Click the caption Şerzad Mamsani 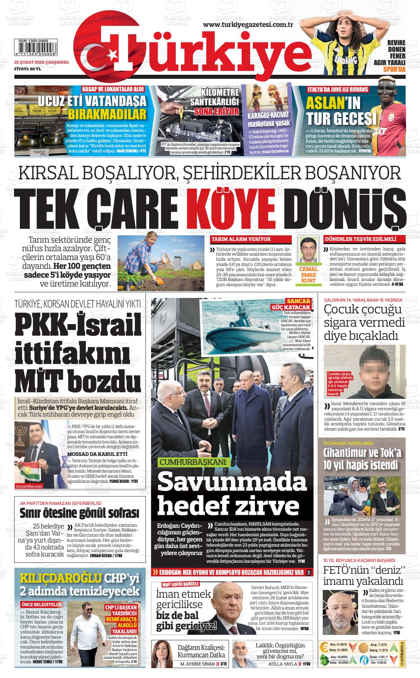(29, 486)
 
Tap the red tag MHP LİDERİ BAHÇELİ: (181, 584)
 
